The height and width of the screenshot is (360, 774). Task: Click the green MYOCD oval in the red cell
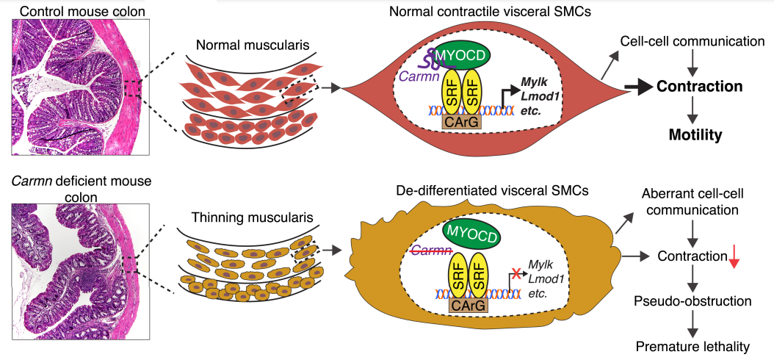point(462,54)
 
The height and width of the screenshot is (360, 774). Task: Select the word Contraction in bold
point(699,87)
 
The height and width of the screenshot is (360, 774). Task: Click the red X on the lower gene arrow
point(516,274)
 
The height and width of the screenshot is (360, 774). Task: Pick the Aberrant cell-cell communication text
point(690,202)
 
